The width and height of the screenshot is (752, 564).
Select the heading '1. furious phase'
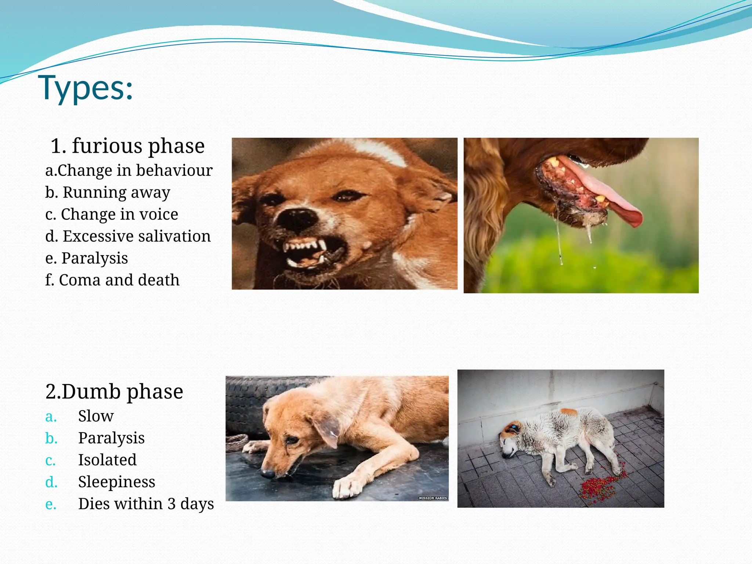(x=127, y=146)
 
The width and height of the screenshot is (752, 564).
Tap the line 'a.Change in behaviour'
(x=129, y=170)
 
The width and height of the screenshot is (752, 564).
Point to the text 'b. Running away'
(x=108, y=192)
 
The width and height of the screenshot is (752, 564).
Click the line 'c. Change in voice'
(x=112, y=214)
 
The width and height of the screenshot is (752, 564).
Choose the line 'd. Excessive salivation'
(x=128, y=236)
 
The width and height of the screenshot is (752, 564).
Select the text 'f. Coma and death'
(x=112, y=280)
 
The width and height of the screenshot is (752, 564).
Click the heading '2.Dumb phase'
(x=114, y=391)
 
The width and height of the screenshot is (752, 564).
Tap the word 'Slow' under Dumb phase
(x=96, y=416)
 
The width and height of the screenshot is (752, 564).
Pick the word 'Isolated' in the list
(x=107, y=460)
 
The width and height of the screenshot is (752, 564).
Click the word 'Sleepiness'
(x=116, y=482)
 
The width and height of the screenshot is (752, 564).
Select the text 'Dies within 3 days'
(x=146, y=504)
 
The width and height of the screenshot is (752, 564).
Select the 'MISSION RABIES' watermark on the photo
(x=433, y=498)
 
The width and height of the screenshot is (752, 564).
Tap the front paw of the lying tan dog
(x=347, y=487)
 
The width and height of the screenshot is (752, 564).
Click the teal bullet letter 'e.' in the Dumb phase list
(x=51, y=504)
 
